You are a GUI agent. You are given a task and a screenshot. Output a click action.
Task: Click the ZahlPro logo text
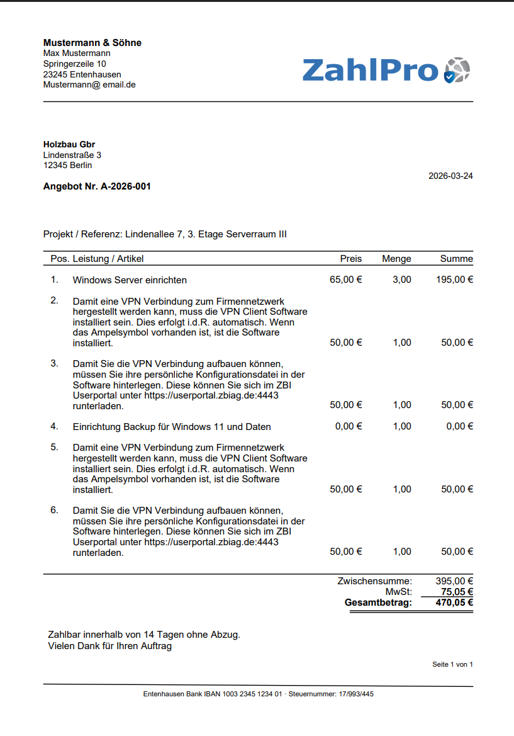tap(370, 69)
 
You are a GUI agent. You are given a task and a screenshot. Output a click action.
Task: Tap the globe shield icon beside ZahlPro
tap(457, 70)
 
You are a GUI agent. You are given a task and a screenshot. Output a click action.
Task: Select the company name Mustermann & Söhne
tap(92, 43)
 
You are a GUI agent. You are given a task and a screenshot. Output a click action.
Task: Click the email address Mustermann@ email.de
tap(89, 85)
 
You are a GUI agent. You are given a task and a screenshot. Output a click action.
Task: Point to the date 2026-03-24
tap(450, 176)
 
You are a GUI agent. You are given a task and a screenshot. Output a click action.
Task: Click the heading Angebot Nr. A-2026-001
tap(97, 186)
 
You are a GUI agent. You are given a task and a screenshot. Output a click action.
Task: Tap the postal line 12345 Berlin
tap(67, 166)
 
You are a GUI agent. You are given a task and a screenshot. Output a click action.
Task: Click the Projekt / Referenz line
tap(165, 234)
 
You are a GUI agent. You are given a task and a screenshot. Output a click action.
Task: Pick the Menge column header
tap(396, 259)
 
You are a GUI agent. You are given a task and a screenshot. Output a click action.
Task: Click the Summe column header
tap(456, 259)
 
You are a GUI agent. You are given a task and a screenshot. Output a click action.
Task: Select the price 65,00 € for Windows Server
tap(346, 280)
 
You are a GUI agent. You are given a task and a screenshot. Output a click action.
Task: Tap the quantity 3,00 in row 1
tap(402, 280)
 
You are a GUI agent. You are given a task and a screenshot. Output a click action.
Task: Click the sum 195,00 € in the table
tap(454, 280)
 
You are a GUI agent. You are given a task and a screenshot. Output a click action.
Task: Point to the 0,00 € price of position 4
tap(349, 427)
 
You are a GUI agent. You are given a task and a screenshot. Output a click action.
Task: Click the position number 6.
tap(54, 509)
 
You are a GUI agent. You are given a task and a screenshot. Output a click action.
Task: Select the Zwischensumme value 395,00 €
tap(454, 581)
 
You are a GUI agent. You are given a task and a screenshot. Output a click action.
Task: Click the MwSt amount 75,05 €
tap(457, 592)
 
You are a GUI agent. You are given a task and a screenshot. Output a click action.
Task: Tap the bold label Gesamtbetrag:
tap(378, 603)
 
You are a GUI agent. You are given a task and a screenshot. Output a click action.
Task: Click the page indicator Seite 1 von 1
tap(452, 664)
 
